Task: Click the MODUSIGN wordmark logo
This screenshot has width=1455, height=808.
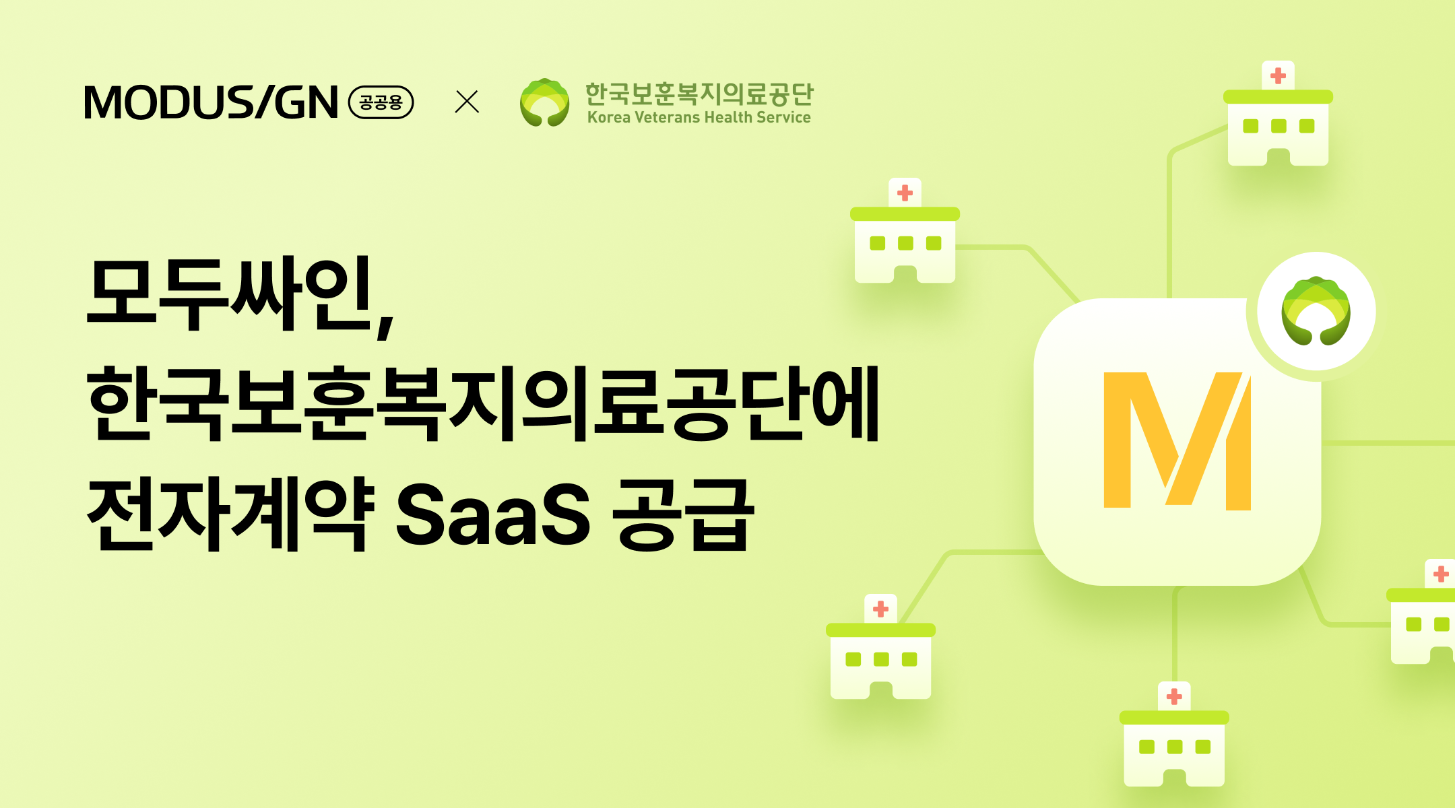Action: pyautogui.click(x=211, y=102)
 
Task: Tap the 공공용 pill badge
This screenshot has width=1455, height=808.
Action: pyautogui.click(x=381, y=102)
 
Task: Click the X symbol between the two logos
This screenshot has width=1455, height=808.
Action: pyautogui.click(x=467, y=102)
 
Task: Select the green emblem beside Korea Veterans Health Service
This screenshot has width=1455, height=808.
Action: pyautogui.click(x=544, y=102)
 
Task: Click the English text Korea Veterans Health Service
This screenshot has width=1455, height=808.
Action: pyautogui.click(x=699, y=117)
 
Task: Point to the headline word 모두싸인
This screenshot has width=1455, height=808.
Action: pyautogui.click(x=229, y=294)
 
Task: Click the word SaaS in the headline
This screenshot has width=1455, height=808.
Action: pyautogui.click(x=492, y=514)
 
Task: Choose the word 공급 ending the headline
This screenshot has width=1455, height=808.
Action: pyautogui.click(x=683, y=514)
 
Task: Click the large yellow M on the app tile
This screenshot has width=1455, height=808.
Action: pyautogui.click(x=1177, y=441)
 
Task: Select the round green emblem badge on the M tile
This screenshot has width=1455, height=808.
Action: pyautogui.click(x=1316, y=311)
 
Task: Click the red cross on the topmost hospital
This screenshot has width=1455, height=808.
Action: pyautogui.click(x=1278, y=76)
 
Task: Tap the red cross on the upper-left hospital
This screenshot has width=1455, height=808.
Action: pyautogui.click(x=905, y=193)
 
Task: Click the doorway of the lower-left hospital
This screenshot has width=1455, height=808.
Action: pyautogui.click(x=880, y=690)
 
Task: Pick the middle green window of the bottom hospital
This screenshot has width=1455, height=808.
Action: pyautogui.click(x=1174, y=747)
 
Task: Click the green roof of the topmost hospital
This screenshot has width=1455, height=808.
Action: pyautogui.click(x=1278, y=97)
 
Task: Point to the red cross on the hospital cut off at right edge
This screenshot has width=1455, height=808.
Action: pyautogui.click(x=1441, y=574)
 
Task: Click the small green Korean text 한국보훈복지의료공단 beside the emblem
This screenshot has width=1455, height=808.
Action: pyautogui.click(x=699, y=94)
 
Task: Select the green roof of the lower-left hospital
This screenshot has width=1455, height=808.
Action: pyautogui.click(x=880, y=630)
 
